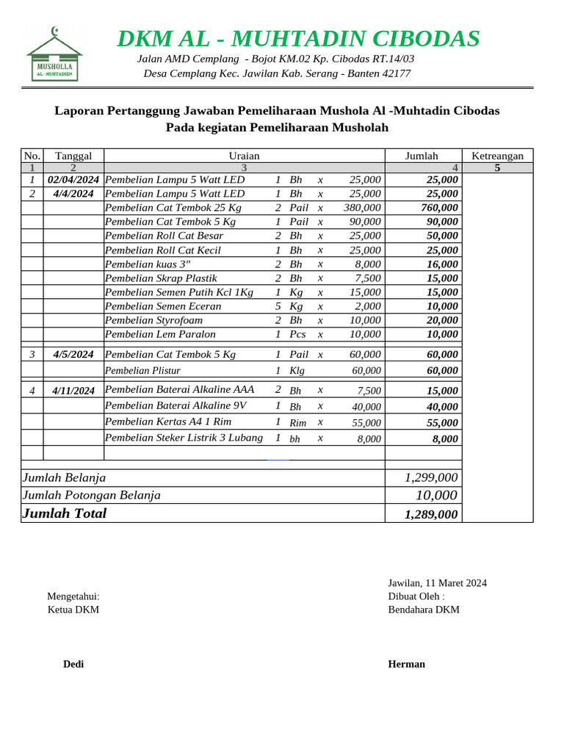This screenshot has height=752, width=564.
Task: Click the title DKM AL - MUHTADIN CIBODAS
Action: click(298, 38)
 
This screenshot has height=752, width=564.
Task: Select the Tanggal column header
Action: click(73, 156)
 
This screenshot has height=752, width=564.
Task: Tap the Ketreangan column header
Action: click(497, 156)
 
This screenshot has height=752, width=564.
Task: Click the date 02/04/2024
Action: click(73, 180)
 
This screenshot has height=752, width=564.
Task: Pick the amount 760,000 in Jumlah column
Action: click(438, 208)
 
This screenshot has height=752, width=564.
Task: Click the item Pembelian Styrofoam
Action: click(153, 320)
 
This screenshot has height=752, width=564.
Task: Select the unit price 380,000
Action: click(362, 208)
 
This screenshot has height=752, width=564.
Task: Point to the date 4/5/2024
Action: click(73, 355)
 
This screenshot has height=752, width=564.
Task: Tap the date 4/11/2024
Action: click(73, 391)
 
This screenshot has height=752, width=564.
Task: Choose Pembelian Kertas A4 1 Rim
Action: click(168, 422)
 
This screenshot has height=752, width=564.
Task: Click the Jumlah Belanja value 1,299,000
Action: click(431, 477)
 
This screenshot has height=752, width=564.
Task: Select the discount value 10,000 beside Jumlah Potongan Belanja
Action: click(436, 495)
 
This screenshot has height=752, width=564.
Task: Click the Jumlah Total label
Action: click(65, 513)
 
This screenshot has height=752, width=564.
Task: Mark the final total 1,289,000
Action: click(431, 514)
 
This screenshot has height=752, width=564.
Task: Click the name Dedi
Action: click(73, 664)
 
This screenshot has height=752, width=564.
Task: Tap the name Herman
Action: click(406, 664)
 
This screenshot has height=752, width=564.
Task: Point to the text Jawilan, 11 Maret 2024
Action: click(437, 583)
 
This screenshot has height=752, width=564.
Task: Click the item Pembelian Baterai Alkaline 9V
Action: click(176, 405)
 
